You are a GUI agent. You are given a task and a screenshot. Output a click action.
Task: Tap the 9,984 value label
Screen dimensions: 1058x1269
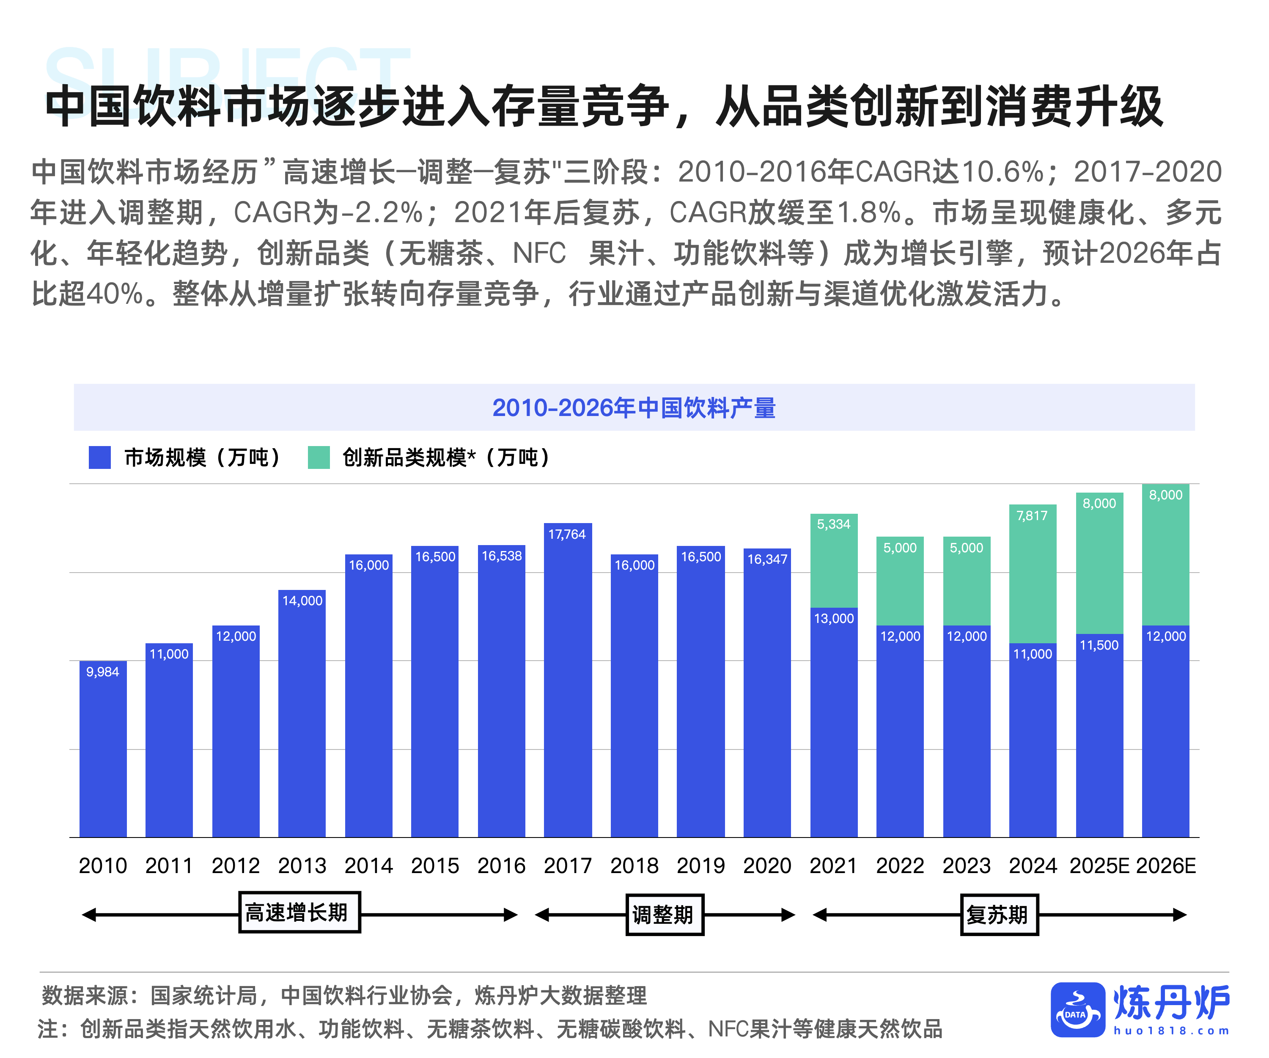tap(103, 672)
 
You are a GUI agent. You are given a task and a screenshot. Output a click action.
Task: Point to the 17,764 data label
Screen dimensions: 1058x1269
tap(567, 535)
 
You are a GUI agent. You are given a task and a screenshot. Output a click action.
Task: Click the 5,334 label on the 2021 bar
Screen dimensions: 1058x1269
tap(833, 524)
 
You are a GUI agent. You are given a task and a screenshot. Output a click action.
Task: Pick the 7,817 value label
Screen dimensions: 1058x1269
tap(1032, 516)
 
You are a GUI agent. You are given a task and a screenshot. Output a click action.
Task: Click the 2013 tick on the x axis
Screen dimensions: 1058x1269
tap(302, 866)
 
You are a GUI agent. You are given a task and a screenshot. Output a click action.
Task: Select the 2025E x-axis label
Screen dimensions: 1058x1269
tap(1099, 866)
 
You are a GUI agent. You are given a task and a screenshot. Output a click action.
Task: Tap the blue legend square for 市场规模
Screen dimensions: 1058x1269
tap(100, 457)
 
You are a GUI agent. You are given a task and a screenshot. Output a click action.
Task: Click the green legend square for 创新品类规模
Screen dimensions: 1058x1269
tap(319, 457)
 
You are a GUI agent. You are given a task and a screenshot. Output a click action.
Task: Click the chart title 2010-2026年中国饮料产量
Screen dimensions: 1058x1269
tap(634, 408)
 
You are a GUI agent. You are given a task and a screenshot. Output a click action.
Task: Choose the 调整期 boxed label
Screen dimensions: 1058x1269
tap(664, 915)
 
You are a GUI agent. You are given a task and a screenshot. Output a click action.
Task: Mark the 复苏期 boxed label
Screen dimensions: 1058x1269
tap(999, 915)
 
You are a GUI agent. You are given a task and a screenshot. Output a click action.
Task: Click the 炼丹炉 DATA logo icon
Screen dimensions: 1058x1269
tap(1077, 1010)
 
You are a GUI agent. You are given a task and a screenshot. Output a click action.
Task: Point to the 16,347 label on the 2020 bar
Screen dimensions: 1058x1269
tap(767, 559)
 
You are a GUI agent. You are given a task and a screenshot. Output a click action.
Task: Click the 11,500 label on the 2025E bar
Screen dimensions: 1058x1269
tap(1099, 645)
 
